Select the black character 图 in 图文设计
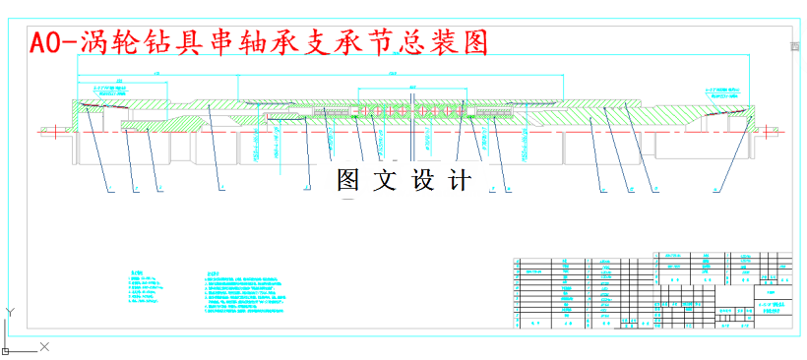tap(349, 180)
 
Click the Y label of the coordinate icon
tap(8, 312)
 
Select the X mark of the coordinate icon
tap(43, 346)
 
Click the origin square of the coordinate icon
tap(7, 347)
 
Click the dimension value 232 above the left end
tap(119, 82)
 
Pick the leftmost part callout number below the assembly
tap(110, 186)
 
